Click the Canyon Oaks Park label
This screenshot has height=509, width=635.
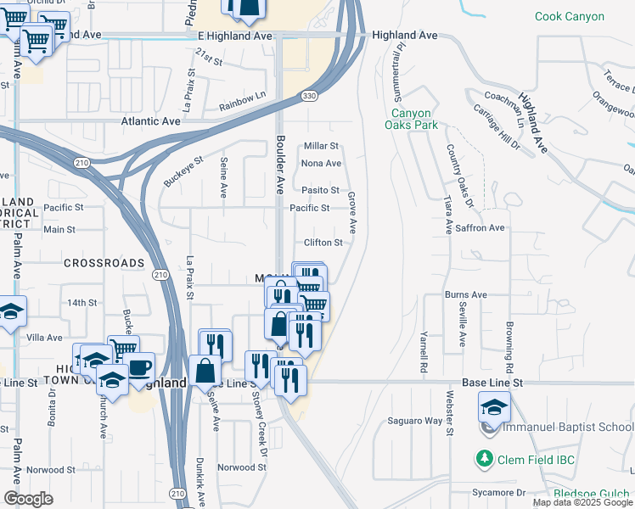pos(414,119)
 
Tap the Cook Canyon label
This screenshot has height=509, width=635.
pos(570,16)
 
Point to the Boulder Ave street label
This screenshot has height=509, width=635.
pos(279,164)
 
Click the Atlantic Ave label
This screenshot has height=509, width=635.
pos(151,121)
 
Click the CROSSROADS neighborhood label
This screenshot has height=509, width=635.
pos(104,263)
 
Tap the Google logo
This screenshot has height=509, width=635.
pos(28,499)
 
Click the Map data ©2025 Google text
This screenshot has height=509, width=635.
pos(582,502)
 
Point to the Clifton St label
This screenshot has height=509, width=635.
pos(323,243)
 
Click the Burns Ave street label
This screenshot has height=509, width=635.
pos(465,294)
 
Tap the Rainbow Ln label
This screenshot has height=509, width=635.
pos(242,100)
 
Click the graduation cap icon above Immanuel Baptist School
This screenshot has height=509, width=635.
pos(495,407)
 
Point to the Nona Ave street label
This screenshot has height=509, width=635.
pos(322,163)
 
